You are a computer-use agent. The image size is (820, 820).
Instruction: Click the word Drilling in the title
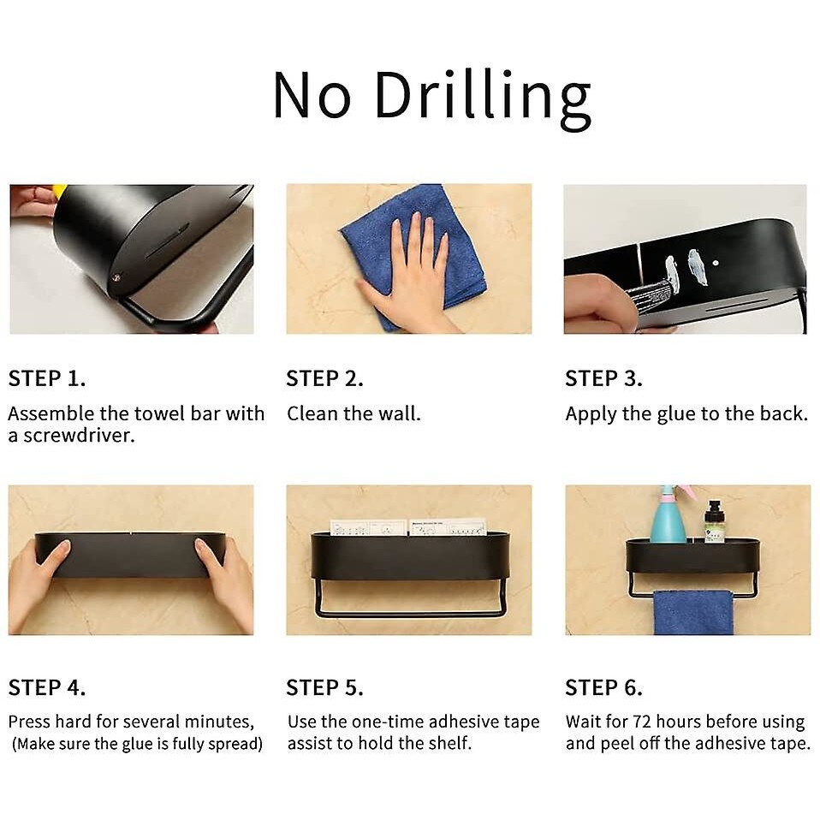(x=483, y=98)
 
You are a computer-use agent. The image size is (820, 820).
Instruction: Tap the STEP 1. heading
(x=47, y=378)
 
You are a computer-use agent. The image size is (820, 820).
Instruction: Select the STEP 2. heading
(x=324, y=378)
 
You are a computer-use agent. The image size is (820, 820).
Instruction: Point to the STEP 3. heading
(x=604, y=378)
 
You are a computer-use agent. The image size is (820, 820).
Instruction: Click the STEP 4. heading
(x=47, y=687)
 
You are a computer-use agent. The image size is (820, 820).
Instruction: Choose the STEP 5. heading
(x=324, y=687)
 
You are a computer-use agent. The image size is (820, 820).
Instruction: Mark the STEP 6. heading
(x=604, y=687)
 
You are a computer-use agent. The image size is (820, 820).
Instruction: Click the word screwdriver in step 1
(x=79, y=436)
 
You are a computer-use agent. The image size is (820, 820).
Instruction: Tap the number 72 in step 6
(x=642, y=722)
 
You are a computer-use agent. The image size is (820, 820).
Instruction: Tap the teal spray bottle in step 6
(x=668, y=515)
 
